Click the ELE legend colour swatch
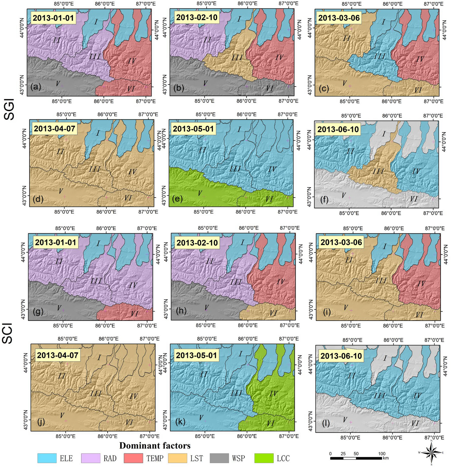[47, 458]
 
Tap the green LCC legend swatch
[264, 458]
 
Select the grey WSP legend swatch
[220, 458]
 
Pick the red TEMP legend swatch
[133, 458]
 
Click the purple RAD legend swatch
[91, 458]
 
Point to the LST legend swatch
[177, 458]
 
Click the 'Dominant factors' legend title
[155, 445]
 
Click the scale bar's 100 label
[382, 454]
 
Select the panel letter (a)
[36, 87]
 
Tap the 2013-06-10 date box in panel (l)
[341, 356]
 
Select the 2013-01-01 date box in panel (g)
[56, 242]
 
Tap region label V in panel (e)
[200, 193]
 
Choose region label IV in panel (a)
[132, 61]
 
